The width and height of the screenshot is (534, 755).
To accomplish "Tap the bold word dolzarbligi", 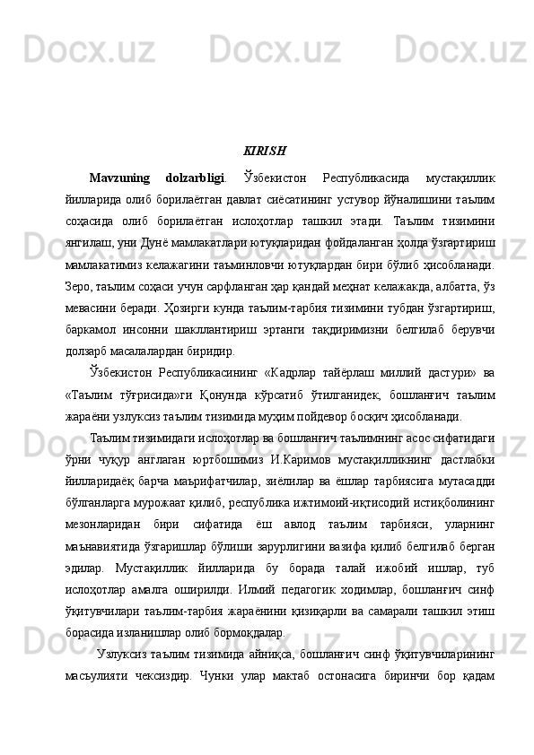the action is (203, 174).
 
